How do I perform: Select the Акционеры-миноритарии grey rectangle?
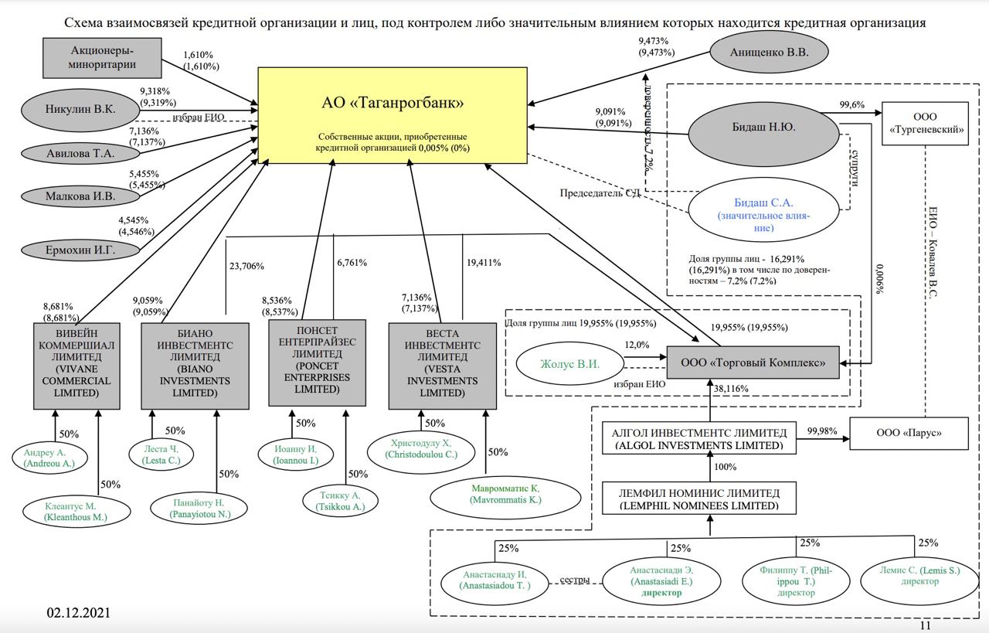(102, 58)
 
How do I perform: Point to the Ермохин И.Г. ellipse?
(70, 250)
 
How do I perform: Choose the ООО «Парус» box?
(909, 433)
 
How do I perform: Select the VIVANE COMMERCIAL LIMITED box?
(76, 366)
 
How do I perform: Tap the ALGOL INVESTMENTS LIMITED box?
(699, 439)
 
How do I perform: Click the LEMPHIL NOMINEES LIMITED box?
(699, 499)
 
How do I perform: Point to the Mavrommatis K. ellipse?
(506, 494)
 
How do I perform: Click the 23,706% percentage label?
(247, 266)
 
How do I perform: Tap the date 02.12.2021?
(78, 613)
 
